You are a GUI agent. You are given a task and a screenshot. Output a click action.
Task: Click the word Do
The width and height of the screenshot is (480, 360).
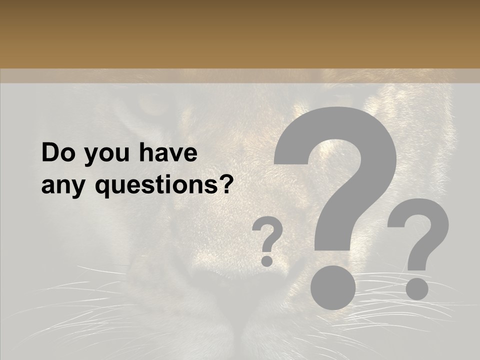tap(58, 153)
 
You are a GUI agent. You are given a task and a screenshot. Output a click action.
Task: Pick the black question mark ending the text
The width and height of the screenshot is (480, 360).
tap(227, 185)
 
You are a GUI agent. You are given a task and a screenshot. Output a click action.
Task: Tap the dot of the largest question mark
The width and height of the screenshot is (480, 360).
tap(333, 287)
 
